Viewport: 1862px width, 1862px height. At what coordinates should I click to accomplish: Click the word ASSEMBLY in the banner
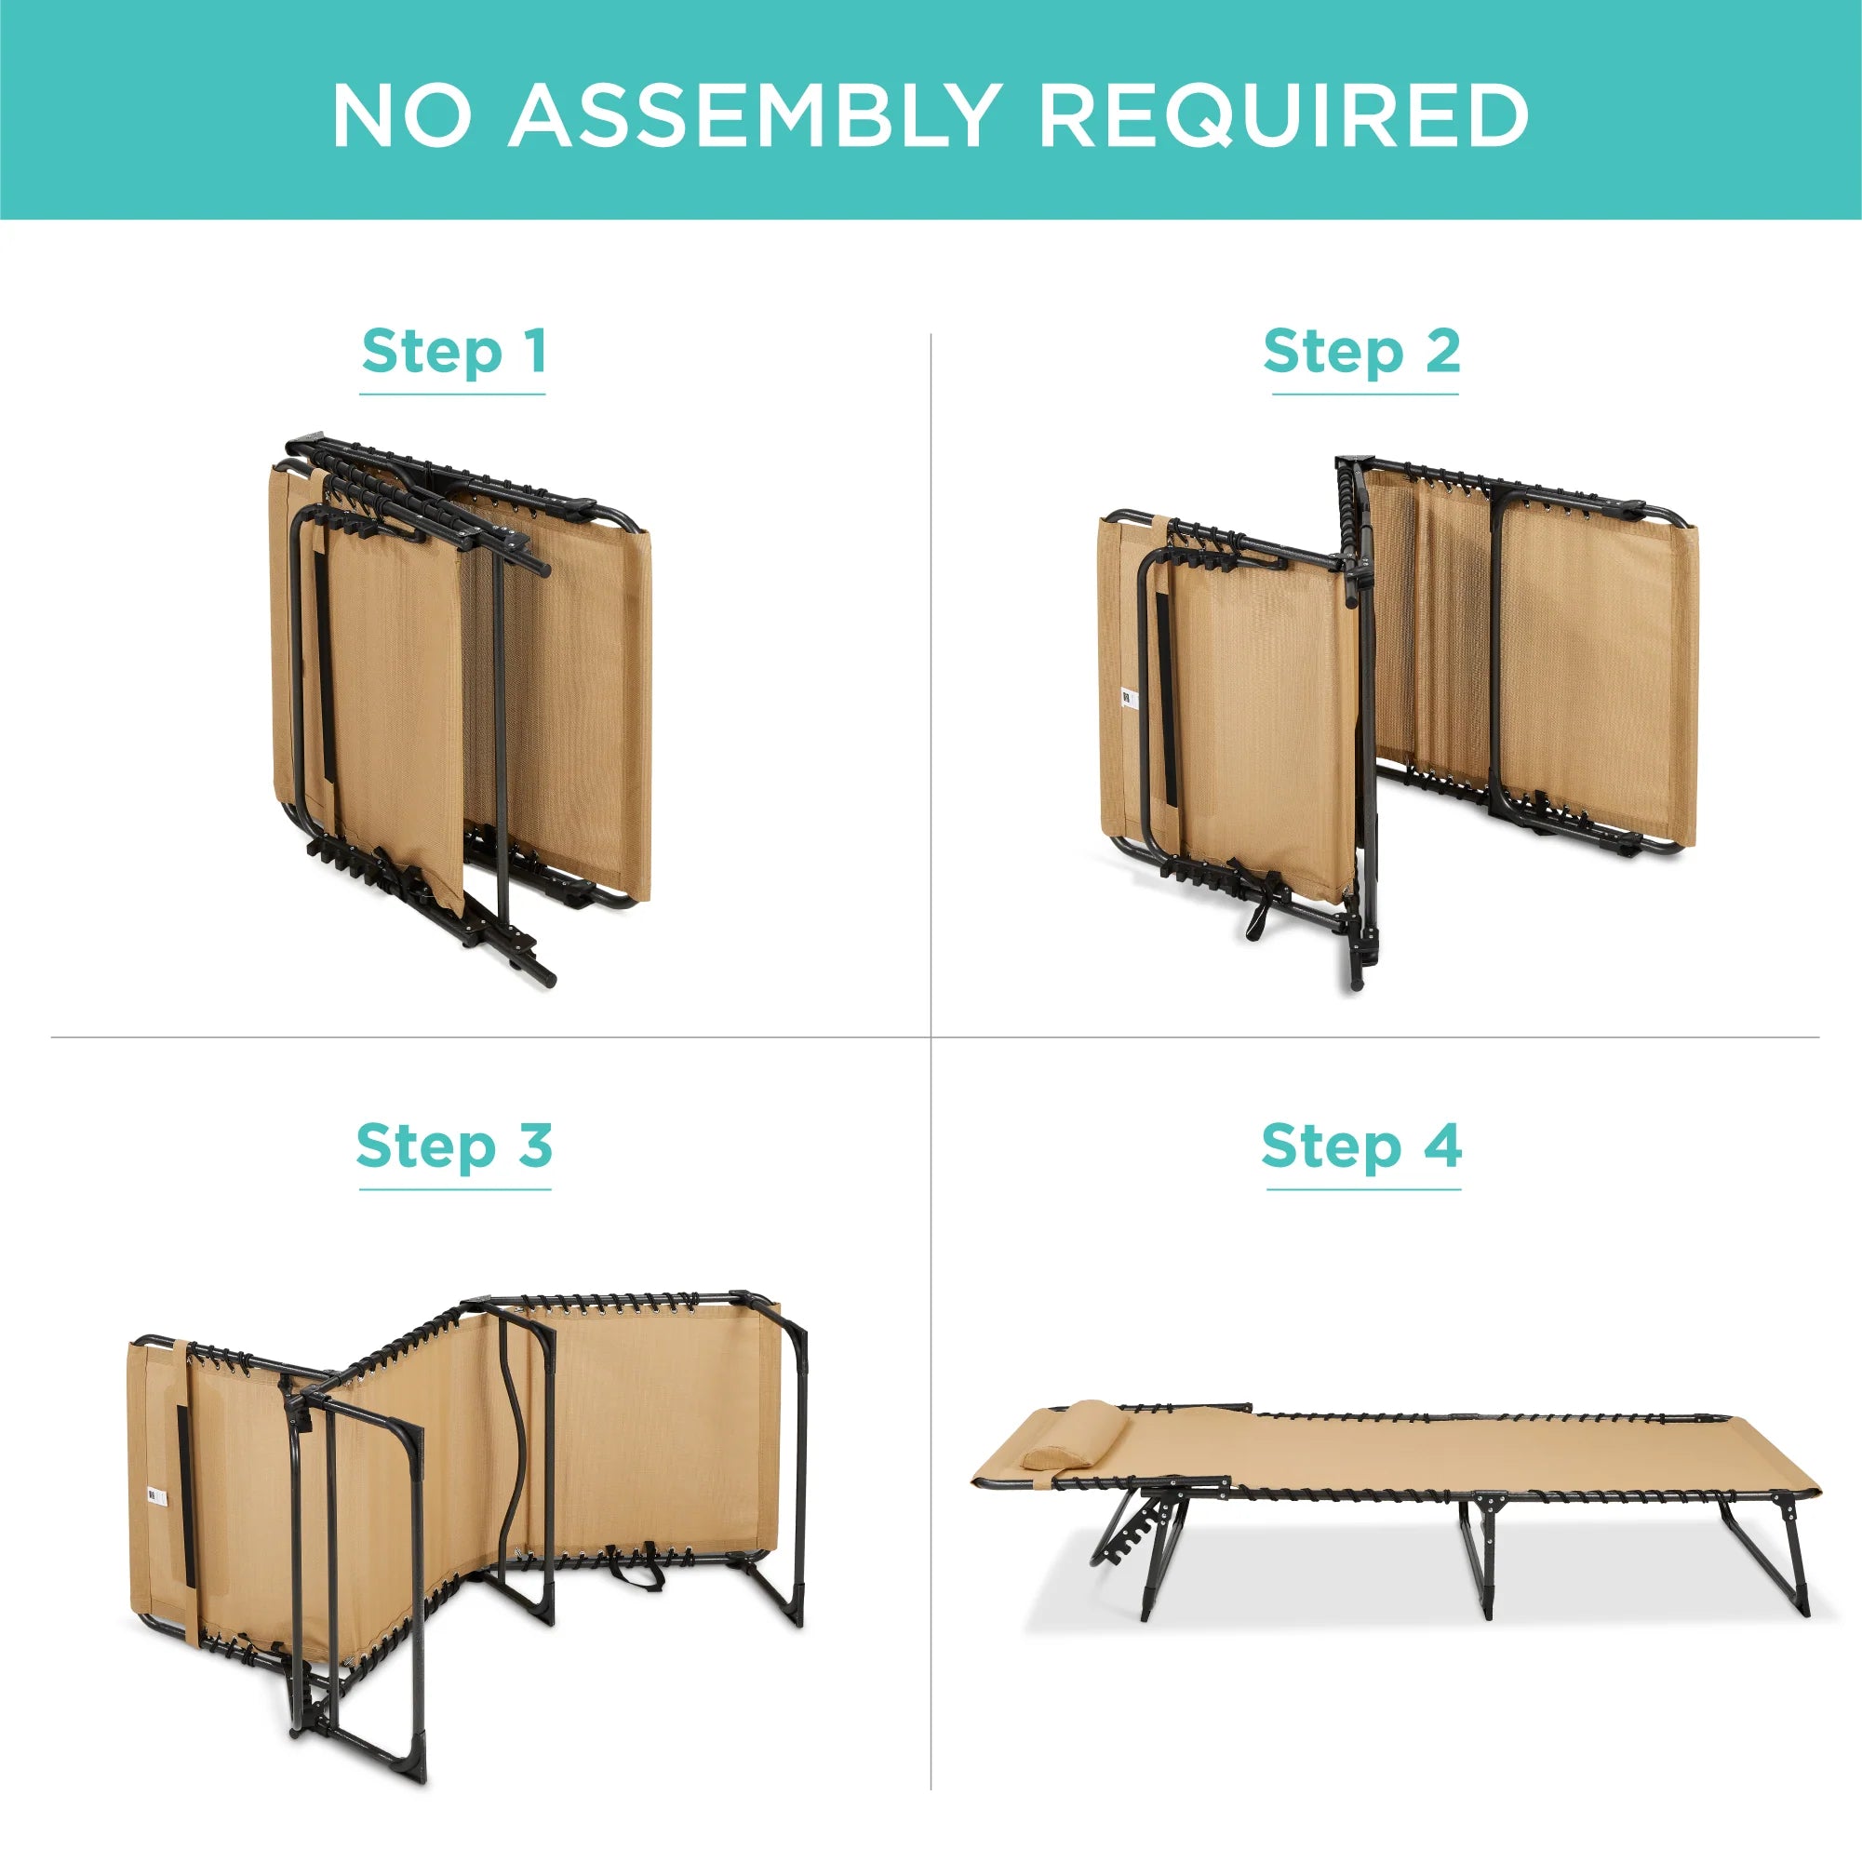[x=753, y=114]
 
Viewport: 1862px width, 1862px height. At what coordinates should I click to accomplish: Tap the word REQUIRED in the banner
[x=1283, y=115]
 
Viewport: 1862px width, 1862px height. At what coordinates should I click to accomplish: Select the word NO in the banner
[x=402, y=114]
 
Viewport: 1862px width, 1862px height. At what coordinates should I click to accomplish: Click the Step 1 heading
[x=454, y=351]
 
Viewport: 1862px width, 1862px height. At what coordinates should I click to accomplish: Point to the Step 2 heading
[x=1361, y=351]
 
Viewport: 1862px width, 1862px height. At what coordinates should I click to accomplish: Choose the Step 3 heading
[x=454, y=1145]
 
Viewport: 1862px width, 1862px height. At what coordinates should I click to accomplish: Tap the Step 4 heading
[x=1360, y=1145]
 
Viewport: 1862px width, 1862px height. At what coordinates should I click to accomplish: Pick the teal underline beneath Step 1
[x=453, y=395]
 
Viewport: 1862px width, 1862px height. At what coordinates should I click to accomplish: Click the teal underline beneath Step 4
[x=1364, y=1189]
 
